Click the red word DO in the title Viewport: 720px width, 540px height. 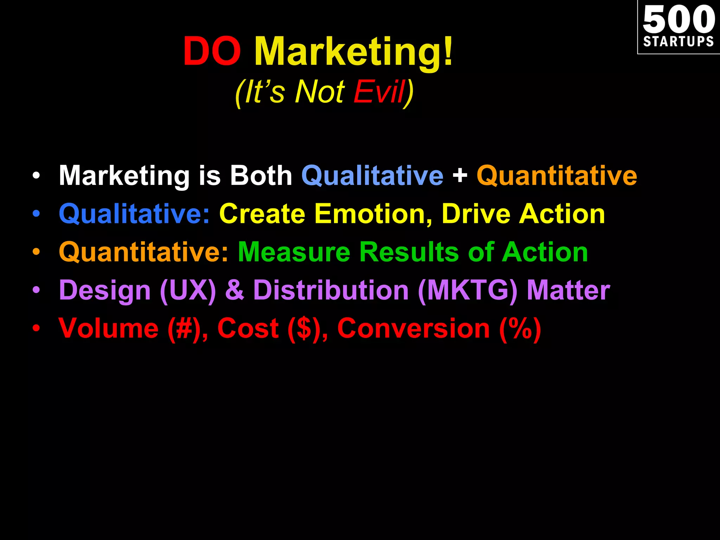click(x=212, y=52)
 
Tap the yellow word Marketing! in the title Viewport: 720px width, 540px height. click(x=354, y=53)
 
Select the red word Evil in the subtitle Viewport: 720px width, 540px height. click(x=379, y=92)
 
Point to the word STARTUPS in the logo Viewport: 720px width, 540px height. click(x=679, y=41)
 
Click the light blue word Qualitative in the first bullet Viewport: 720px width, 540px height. click(x=372, y=175)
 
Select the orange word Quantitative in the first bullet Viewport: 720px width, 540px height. click(x=557, y=175)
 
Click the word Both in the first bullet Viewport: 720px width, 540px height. click(x=261, y=175)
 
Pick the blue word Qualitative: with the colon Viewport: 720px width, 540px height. click(x=134, y=214)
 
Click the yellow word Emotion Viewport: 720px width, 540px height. click(x=373, y=214)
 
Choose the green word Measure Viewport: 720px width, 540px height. click(x=294, y=252)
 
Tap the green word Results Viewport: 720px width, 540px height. click(x=409, y=252)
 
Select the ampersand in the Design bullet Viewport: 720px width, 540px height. click(x=234, y=290)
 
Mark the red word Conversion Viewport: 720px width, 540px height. click(x=413, y=328)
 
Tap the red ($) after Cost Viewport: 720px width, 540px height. click(x=304, y=329)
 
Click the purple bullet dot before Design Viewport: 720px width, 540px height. click(x=36, y=290)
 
